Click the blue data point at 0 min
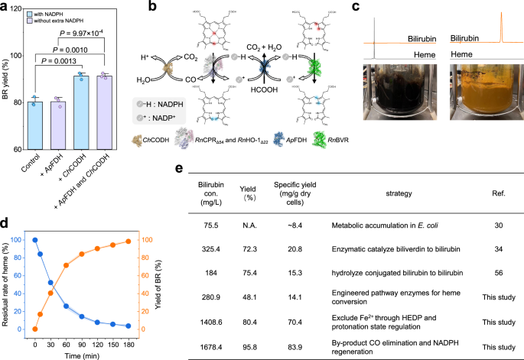pyautogui.click(x=34, y=240)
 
